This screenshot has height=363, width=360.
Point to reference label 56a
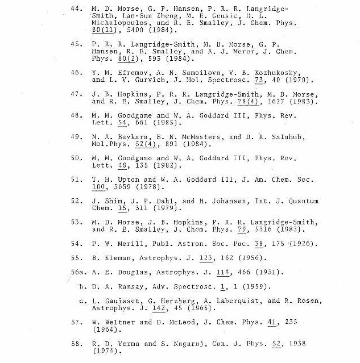tap(77, 272)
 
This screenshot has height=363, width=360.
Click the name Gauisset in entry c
tap(116, 301)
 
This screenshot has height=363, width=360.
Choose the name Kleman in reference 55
tap(116, 257)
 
